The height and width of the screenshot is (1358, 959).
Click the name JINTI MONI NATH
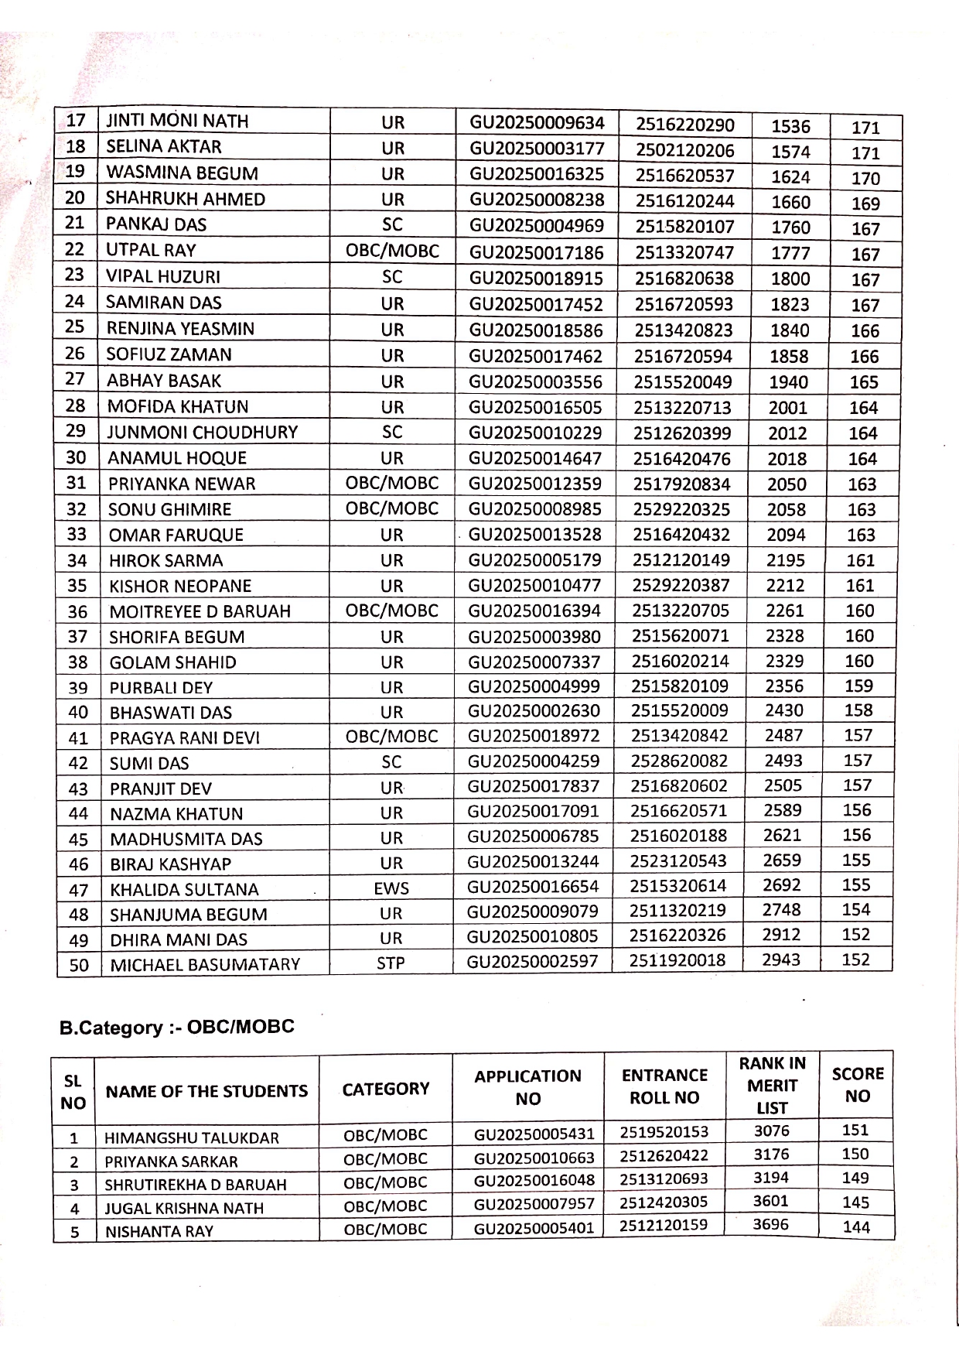(x=177, y=121)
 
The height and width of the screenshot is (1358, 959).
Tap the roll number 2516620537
(x=684, y=176)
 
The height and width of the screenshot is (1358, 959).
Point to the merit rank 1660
(x=790, y=202)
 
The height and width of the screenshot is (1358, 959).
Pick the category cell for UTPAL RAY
(x=392, y=251)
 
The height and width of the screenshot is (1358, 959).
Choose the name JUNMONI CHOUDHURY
(x=202, y=432)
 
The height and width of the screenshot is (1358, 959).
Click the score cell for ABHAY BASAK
(x=864, y=381)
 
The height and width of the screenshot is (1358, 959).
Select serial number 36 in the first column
(x=77, y=611)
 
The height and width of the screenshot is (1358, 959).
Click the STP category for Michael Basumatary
(x=391, y=963)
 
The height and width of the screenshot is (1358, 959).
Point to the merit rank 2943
(x=782, y=959)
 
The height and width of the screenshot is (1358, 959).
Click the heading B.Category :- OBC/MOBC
(x=177, y=1028)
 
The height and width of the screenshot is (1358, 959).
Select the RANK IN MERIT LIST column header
(x=772, y=1085)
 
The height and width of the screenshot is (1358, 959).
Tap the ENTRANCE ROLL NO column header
(x=664, y=1086)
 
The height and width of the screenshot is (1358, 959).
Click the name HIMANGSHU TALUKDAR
(x=192, y=1137)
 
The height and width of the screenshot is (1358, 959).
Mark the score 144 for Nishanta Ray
(x=856, y=1226)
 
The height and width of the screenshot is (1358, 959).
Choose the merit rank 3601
(x=772, y=1201)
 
